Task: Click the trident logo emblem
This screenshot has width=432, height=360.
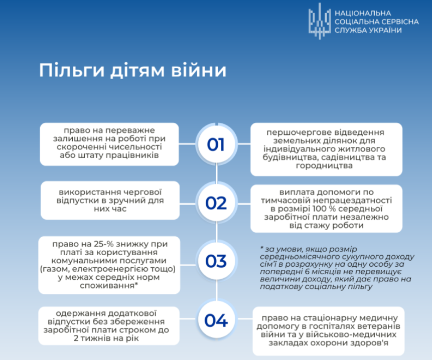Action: pos(320,21)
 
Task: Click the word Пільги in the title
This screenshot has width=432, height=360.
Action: pos(72,70)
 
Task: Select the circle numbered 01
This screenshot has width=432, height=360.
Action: pos(216,144)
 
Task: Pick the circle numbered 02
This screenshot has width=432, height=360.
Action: pos(216,203)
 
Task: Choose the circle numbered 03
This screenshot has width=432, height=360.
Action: pos(216,261)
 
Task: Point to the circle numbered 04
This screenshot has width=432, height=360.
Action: pos(216,320)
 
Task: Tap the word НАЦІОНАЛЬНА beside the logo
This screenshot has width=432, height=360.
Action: pos(363,13)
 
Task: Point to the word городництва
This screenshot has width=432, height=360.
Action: pos(324,165)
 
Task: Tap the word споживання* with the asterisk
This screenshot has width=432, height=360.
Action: pos(109,285)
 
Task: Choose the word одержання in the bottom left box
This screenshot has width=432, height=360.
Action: pos(80,313)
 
